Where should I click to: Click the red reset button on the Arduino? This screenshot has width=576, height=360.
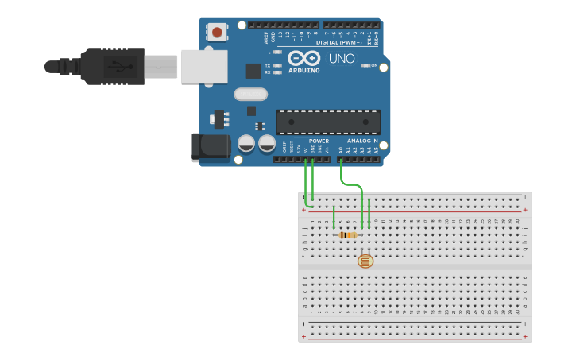tap(217, 32)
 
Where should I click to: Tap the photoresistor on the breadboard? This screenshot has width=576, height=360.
tap(365, 260)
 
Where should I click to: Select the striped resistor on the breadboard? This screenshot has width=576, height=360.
tap(347, 234)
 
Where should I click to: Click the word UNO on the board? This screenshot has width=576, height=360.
tap(342, 59)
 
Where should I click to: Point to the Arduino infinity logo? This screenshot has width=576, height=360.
tap(303, 58)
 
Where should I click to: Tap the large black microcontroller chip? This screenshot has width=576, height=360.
tap(327, 122)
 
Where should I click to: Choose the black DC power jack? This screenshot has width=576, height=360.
tap(210, 147)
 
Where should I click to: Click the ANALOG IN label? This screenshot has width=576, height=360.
tap(362, 141)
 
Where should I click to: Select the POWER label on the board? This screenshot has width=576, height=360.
tap(319, 141)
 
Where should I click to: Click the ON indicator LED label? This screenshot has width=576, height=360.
tap(373, 65)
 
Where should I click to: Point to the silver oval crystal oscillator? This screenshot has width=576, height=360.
tap(250, 94)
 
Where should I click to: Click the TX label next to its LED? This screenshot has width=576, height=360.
tap(268, 65)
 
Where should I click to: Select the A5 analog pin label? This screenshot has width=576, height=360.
tap(377, 149)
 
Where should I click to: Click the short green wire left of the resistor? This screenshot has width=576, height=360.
tap(334, 216)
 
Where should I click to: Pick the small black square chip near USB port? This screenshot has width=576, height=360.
tap(253, 71)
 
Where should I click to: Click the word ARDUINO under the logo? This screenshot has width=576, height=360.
tap(304, 70)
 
